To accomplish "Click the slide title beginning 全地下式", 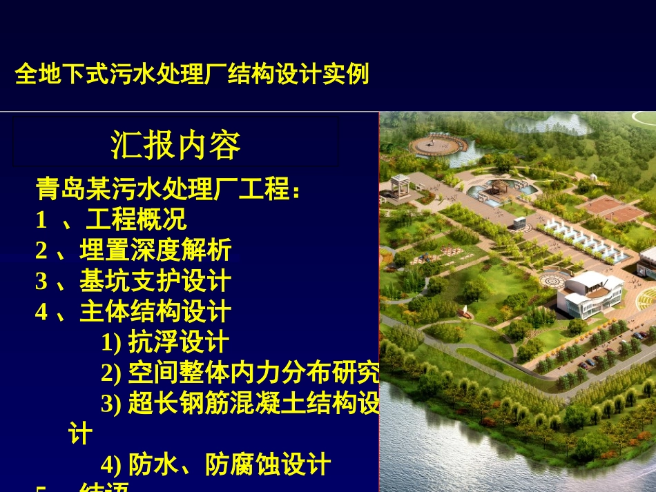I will click(x=192, y=74).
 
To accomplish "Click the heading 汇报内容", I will click(x=175, y=145).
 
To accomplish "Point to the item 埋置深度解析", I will click(x=155, y=250).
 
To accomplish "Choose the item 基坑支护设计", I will click(x=155, y=282).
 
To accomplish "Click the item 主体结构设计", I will click(x=155, y=312).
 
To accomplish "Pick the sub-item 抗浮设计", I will click(x=178, y=342).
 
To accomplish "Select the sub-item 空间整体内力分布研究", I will click(x=253, y=373).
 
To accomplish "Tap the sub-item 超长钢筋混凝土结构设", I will click(x=253, y=404).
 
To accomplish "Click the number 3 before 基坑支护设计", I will click(x=41, y=282).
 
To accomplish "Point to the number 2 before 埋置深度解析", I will click(x=41, y=250).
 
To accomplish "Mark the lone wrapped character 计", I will click(x=80, y=434).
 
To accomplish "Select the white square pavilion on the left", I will click(x=401, y=188).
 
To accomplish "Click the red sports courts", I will click(x=612, y=209).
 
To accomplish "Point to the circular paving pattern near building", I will click(x=552, y=281).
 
